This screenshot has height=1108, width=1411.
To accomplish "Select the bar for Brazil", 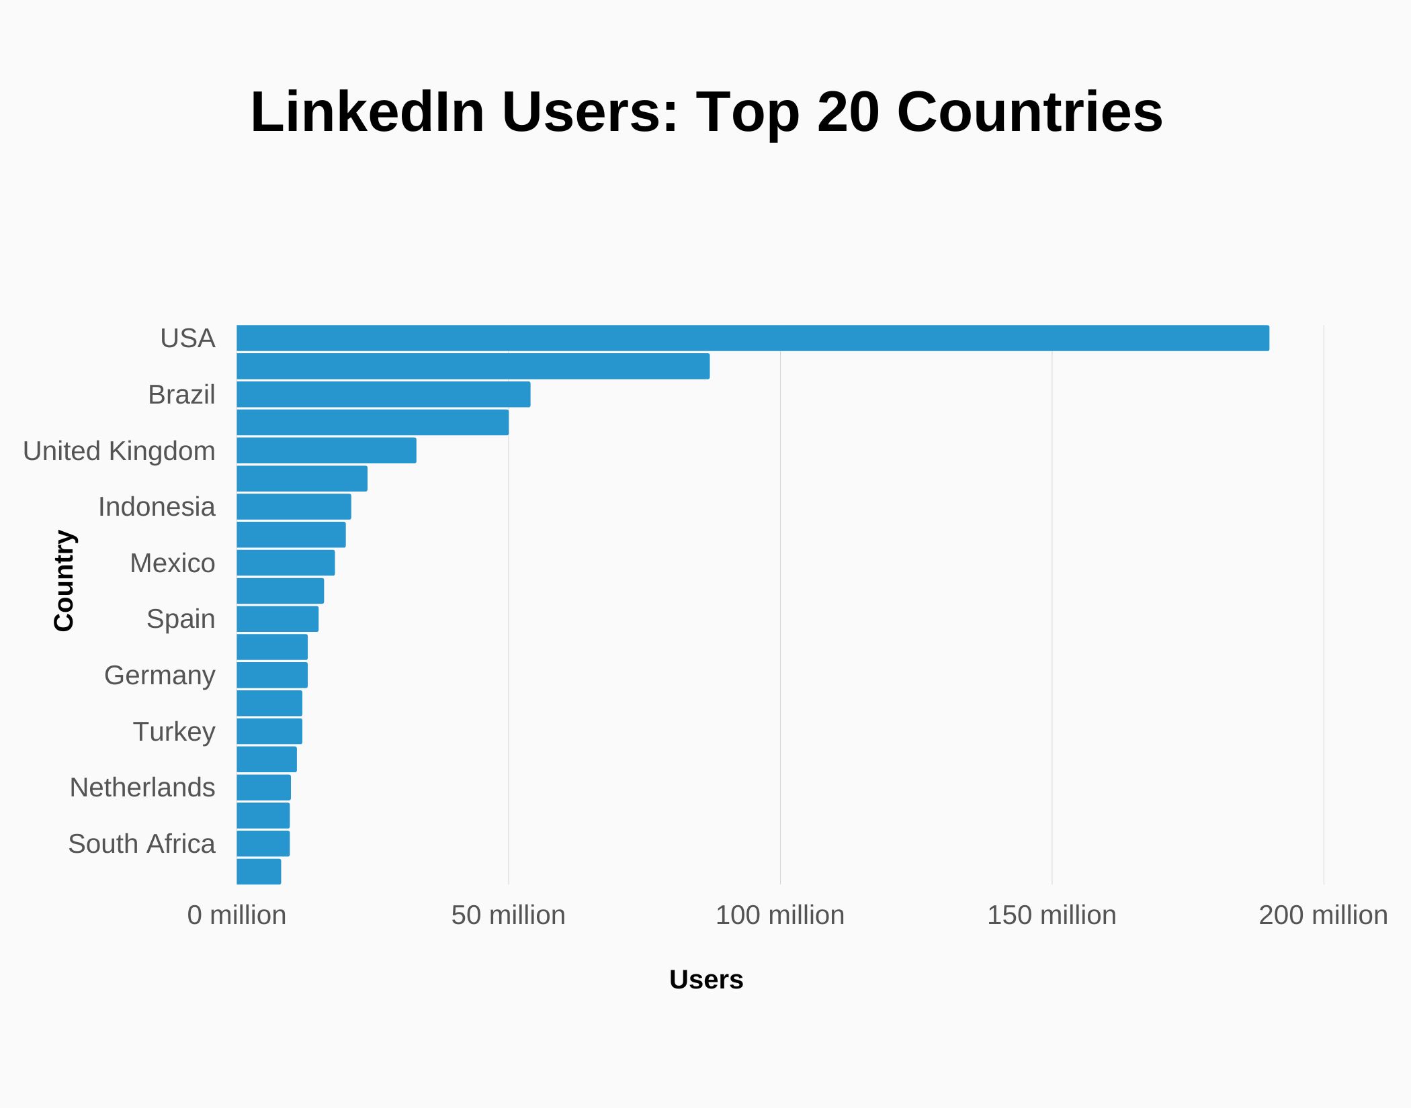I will click(x=383, y=394).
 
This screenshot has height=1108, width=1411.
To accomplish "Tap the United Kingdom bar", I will click(x=326, y=451).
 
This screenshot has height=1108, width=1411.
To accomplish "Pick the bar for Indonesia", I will click(x=294, y=506).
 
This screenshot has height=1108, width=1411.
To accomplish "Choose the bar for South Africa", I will click(x=263, y=843).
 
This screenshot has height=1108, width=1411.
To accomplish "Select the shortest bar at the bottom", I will click(x=259, y=872).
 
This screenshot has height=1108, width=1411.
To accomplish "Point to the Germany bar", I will click(x=272, y=675).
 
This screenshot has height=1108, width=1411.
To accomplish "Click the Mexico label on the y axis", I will click(x=172, y=563).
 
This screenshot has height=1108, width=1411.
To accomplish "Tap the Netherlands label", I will click(x=142, y=787).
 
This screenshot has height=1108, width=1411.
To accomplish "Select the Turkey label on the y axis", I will click(x=173, y=731).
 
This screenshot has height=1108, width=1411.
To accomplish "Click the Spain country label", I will click(x=180, y=618).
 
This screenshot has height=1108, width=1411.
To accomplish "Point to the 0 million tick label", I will click(x=237, y=915).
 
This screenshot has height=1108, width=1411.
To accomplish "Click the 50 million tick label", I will click(x=508, y=915).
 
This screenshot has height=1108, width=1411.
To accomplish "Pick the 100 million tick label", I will click(x=779, y=915).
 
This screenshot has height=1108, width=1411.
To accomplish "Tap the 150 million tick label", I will click(x=1051, y=915).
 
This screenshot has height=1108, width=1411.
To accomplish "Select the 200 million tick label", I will click(x=1322, y=915).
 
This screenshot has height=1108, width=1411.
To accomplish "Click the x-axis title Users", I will click(x=706, y=980).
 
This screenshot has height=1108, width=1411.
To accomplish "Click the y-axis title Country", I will click(x=64, y=580).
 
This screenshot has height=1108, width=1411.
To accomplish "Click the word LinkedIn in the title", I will click(x=367, y=112).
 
